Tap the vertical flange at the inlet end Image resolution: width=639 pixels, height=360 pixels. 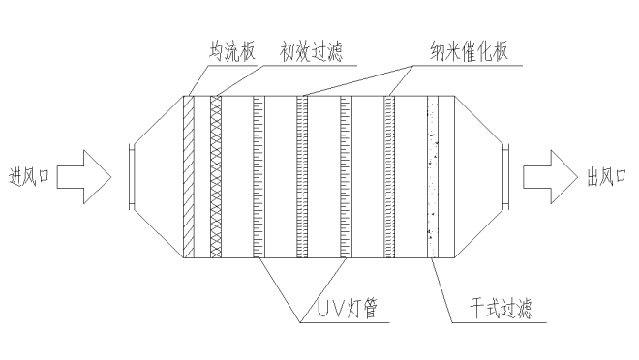131,176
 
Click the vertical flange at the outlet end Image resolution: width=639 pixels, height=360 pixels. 506,176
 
